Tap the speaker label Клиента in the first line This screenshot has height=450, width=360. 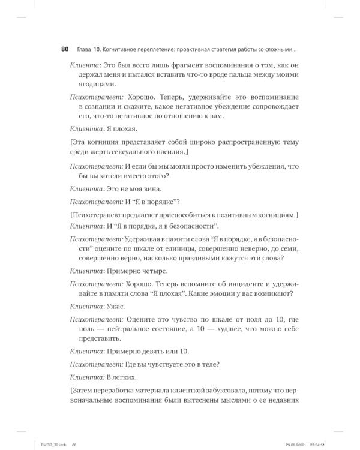click(x=83, y=64)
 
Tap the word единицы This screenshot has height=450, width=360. click(x=189, y=247)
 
